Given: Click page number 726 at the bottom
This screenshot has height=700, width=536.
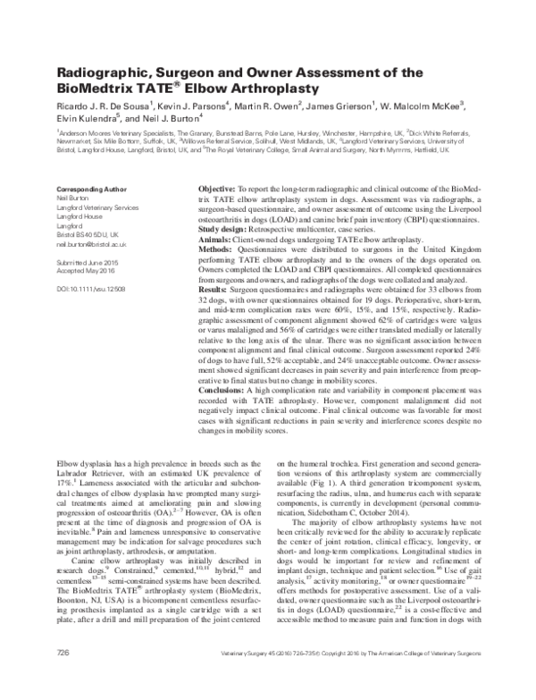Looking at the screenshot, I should [x=63, y=679].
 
